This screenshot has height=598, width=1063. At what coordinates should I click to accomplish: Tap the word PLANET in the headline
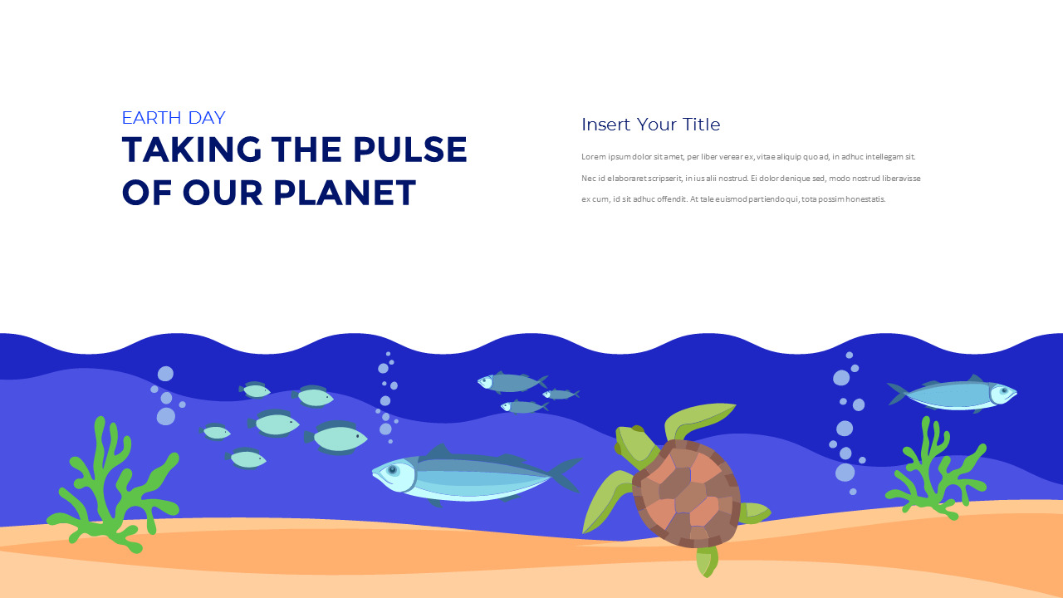coord(345,193)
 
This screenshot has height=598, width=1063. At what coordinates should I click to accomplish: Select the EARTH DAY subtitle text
coord(174,118)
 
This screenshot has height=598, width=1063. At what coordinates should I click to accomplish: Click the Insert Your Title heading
coord(650,125)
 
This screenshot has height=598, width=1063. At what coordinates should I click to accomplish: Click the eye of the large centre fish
coord(392,470)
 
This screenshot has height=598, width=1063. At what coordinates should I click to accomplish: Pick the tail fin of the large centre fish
coord(564,474)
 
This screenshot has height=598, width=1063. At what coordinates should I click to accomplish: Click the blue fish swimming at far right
coord(955,395)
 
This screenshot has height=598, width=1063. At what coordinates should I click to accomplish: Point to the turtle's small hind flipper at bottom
coord(706,561)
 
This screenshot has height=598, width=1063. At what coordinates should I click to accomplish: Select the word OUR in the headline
coord(223,193)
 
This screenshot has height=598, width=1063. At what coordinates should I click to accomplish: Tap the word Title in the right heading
coord(701,125)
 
